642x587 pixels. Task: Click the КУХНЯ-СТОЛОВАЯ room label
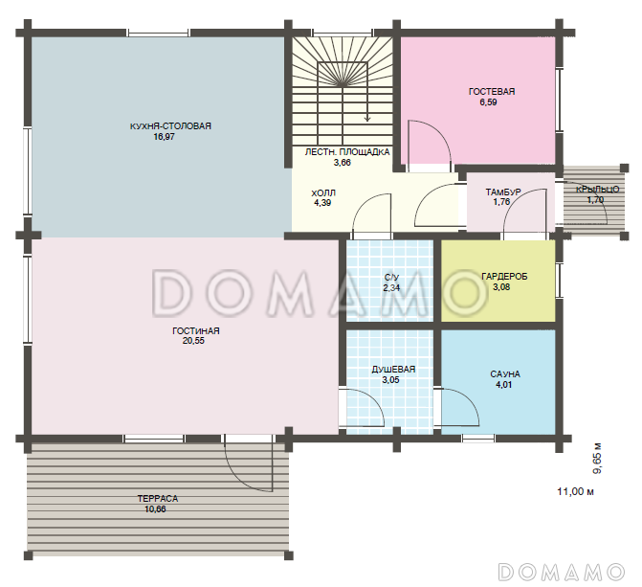click(170, 125)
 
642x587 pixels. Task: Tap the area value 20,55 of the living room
click(193, 341)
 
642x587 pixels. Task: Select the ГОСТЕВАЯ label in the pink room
click(492, 91)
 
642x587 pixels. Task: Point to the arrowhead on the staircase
click(367, 119)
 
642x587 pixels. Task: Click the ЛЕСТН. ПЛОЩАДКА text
click(347, 152)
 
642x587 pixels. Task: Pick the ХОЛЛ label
click(323, 192)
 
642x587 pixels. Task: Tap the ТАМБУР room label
click(503, 192)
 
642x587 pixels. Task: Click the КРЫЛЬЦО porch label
click(597, 190)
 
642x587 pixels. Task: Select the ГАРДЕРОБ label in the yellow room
click(504, 277)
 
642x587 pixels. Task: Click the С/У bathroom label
click(392, 278)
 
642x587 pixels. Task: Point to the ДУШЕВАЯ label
click(393, 370)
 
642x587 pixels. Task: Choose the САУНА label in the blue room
click(505, 374)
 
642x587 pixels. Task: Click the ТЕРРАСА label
click(158, 499)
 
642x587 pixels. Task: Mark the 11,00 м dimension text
click(575, 491)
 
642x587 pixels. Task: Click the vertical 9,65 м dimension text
click(597, 459)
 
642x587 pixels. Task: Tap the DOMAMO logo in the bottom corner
click(562, 572)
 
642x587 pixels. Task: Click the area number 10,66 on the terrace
click(155, 509)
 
